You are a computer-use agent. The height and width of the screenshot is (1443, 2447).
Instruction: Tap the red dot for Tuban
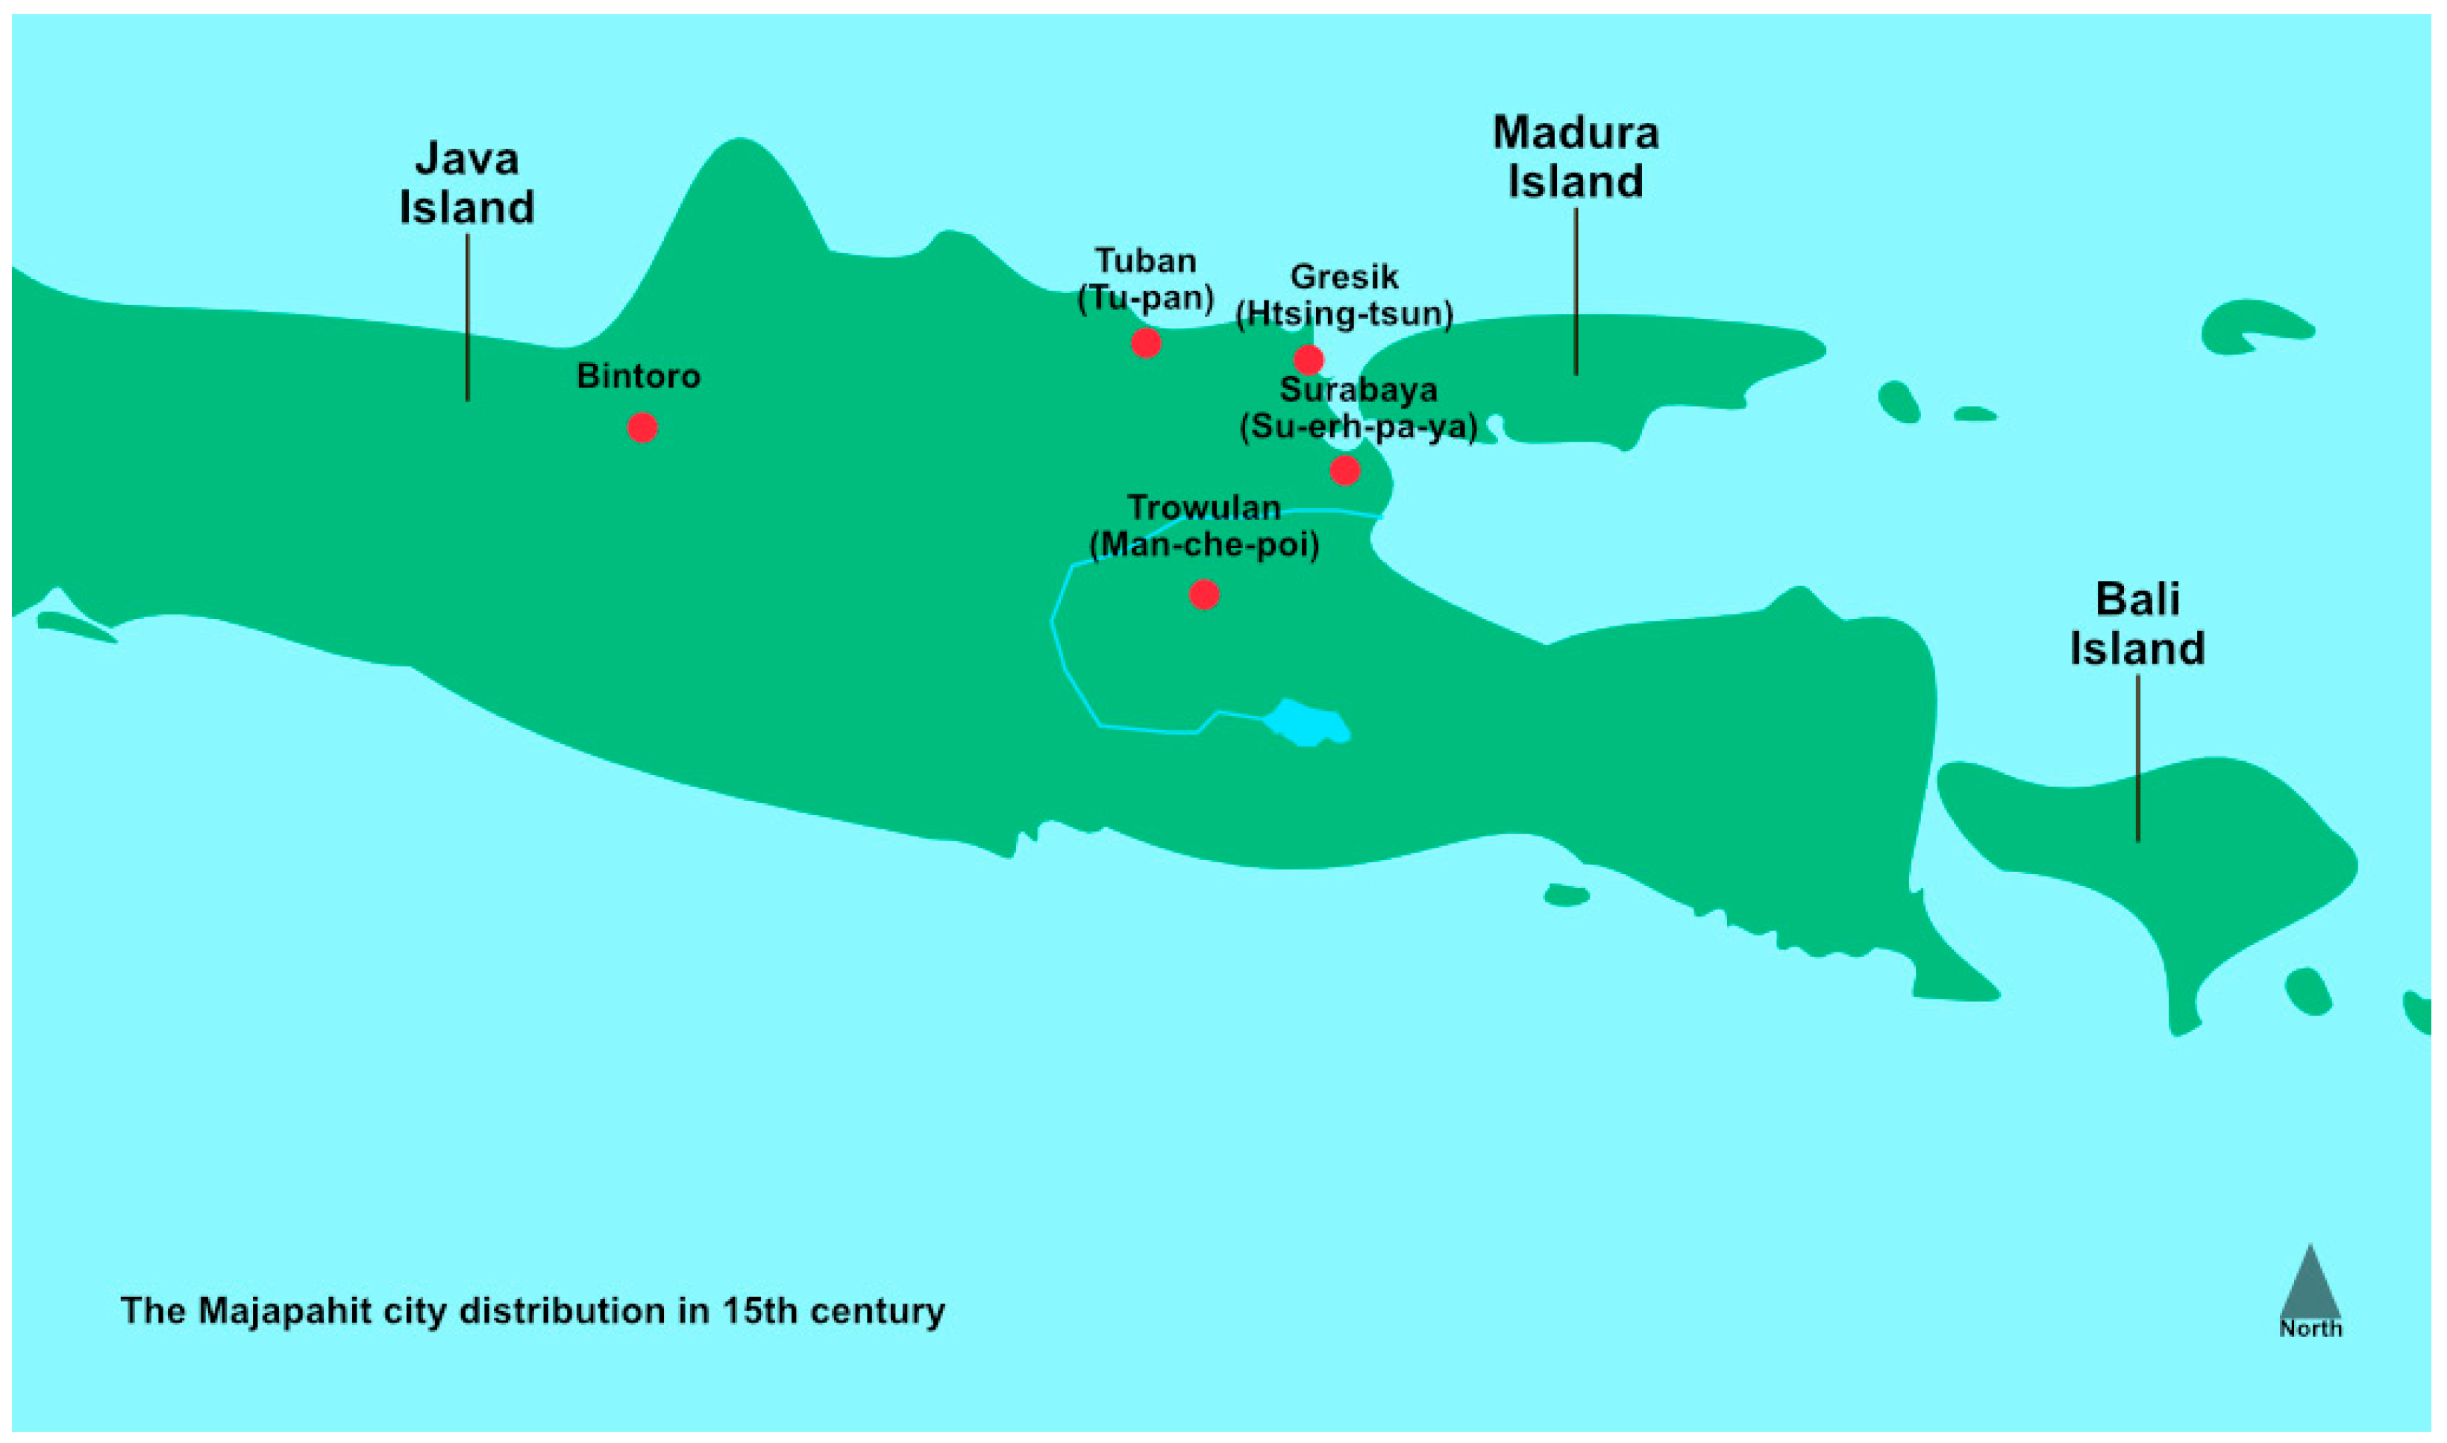click(1146, 342)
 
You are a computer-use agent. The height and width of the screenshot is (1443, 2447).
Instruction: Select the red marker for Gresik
click(1308, 359)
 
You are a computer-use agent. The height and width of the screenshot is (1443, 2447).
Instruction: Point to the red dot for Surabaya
click(1344, 471)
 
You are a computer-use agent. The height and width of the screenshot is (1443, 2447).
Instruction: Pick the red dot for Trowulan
click(1204, 594)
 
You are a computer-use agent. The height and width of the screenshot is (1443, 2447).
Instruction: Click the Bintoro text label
click(638, 377)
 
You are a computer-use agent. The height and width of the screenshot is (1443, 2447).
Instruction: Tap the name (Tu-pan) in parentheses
click(1146, 298)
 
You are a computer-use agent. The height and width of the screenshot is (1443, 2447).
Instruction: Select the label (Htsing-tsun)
click(1344, 314)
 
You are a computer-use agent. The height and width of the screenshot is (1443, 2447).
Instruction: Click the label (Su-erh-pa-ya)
click(1358, 427)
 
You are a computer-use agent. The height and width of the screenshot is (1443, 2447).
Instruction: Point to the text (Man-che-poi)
click(1204, 544)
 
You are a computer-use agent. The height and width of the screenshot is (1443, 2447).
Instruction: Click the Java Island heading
click(467, 183)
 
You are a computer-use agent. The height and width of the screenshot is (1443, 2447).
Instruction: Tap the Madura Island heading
click(1576, 157)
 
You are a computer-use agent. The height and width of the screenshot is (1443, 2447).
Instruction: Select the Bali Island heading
click(2137, 623)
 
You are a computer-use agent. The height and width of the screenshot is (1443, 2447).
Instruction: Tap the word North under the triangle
click(2310, 1328)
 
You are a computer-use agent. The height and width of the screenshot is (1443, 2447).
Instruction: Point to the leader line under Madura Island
click(1576, 292)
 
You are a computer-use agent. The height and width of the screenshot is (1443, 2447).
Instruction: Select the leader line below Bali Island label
click(2137, 758)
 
